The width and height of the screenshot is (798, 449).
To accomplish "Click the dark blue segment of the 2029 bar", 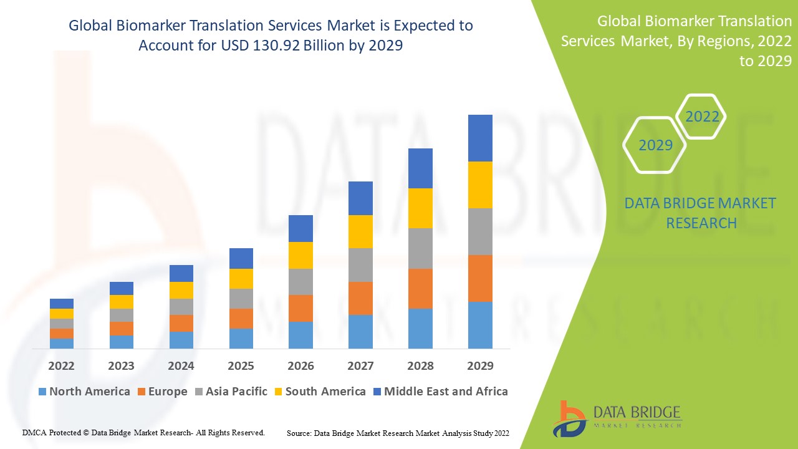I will click(480, 138).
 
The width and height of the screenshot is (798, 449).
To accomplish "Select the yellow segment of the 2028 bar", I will click(420, 208).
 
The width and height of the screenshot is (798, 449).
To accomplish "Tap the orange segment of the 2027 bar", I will click(360, 298).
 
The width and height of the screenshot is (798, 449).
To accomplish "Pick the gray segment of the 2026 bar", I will click(300, 282).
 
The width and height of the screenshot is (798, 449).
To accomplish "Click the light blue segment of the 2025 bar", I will click(241, 338).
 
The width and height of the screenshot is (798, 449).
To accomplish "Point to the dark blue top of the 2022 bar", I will click(62, 304).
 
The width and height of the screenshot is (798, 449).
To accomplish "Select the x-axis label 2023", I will click(121, 365).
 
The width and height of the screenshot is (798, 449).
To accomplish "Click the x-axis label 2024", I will click(181, 365).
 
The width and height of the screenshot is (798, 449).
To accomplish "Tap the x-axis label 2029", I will click(480, 365).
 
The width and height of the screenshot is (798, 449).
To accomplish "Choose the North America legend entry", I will click(84, 392).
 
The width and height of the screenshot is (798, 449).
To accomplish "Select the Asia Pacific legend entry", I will click(230, 392).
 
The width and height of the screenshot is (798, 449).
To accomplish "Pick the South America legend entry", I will click(319, 392).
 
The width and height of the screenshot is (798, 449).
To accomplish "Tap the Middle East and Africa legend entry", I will click(440, 392).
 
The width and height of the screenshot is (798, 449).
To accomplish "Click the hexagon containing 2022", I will click(702, 117).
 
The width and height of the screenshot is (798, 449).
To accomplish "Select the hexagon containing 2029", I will click(655, 145).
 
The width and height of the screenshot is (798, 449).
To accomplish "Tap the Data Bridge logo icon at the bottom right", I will click(569, 418).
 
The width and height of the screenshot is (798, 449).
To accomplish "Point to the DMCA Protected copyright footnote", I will click(143, 432).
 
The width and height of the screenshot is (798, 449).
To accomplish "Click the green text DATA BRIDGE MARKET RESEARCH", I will click(701, 213).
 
